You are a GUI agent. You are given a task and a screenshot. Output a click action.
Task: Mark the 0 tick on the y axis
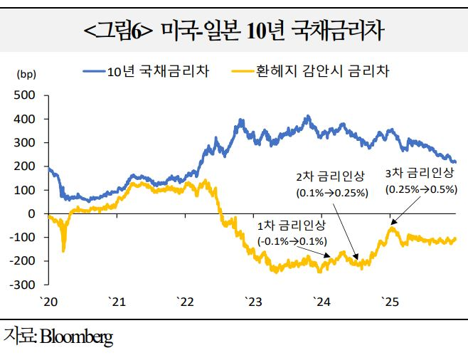tap(31, 213)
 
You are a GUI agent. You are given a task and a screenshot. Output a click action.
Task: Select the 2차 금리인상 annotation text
tap(330, 176)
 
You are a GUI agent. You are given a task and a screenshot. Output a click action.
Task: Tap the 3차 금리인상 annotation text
tap(419, 172)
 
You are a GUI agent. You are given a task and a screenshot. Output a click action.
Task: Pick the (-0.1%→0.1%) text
tap(292, 241)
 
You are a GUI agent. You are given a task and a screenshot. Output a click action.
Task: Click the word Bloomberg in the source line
tap(74, 337)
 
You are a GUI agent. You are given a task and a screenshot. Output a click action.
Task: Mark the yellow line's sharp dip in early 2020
tap(64, 249)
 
